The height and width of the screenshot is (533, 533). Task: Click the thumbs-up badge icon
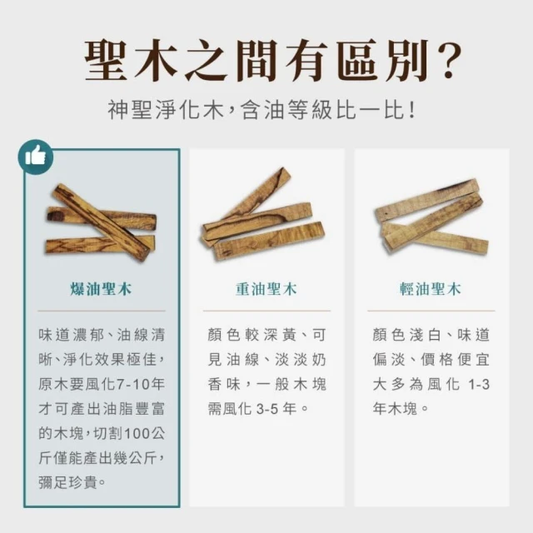click(36, 157)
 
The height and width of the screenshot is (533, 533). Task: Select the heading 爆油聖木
click(101, 289)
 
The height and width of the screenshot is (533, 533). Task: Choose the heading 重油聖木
click(266, 289)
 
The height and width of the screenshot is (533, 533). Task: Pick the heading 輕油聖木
click(431, 289)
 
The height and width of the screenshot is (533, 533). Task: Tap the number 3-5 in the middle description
click(267, 409)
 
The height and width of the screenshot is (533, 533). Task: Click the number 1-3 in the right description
click(479, 385)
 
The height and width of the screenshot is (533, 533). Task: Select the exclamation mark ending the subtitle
click(412, 111)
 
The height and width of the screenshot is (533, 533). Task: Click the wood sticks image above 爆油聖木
click(101, 222)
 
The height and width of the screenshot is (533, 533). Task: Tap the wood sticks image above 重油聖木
click(263, 214)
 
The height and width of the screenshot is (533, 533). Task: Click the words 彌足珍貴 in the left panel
click(68, 483)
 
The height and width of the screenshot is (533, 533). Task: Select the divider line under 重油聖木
click(266, 311)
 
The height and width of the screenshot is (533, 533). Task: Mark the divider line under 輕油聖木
click(431, 311)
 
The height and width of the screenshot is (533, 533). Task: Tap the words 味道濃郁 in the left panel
click(71, 335)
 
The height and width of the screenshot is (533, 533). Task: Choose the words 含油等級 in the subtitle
click(287, 111)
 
